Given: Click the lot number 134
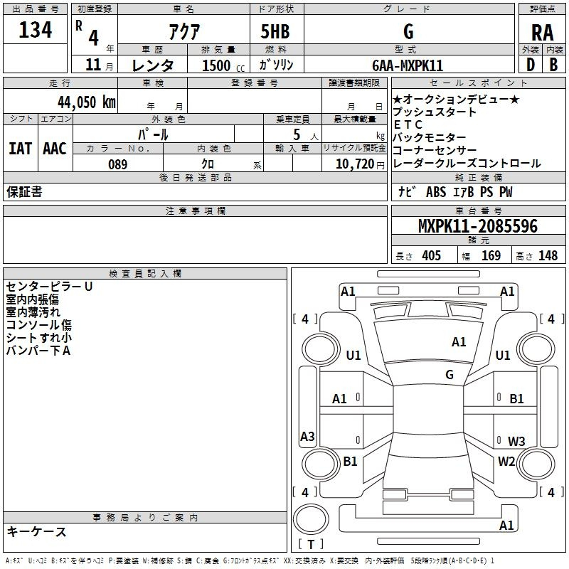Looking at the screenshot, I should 36,30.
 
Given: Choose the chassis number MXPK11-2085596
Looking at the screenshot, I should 477,226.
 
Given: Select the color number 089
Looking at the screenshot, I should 117,164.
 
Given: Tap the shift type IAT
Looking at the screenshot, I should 19,149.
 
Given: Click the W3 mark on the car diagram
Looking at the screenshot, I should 516,441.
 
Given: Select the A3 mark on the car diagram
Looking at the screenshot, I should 307,437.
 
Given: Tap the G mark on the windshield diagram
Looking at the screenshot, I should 450,375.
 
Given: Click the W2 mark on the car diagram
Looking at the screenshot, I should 506,462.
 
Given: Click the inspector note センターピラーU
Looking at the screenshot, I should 49,287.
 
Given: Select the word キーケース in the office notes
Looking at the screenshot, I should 36,532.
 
